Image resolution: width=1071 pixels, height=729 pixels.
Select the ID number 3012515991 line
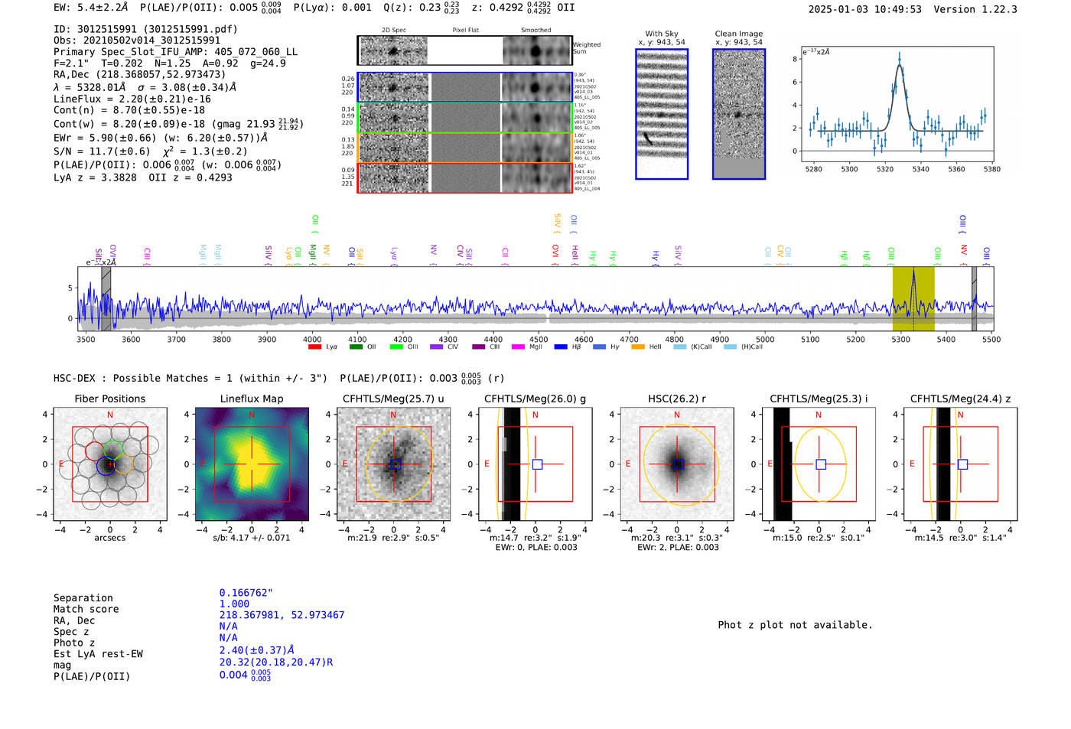(145, 29)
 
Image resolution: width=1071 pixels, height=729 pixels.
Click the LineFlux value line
(132, 99)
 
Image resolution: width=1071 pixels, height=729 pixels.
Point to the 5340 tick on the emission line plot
(920, 169)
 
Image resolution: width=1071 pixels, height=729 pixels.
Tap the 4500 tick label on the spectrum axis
(539, 339)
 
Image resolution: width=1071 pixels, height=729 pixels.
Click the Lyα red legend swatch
(314, 347)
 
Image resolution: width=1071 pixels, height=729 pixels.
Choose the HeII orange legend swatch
(637, 347)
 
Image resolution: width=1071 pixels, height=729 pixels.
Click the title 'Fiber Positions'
(109, 399)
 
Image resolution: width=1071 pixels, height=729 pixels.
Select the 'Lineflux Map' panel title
(251, 399)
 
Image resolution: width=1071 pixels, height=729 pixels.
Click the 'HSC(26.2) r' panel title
(676, 399)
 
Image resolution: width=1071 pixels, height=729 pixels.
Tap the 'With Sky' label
(661, 34)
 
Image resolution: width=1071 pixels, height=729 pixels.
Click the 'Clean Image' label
(738, 34)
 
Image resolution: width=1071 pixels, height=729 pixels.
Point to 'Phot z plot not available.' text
(795, 625)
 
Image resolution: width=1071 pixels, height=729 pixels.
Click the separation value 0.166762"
(246, 593)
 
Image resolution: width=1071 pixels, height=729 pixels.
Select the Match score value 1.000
(234, 604)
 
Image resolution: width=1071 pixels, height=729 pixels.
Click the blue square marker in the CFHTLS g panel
(537, 464)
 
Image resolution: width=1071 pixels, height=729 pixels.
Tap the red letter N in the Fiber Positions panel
(110, 415)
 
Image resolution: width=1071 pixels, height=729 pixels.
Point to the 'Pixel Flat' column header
(465, 30)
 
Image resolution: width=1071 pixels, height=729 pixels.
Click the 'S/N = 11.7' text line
(107, 151)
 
